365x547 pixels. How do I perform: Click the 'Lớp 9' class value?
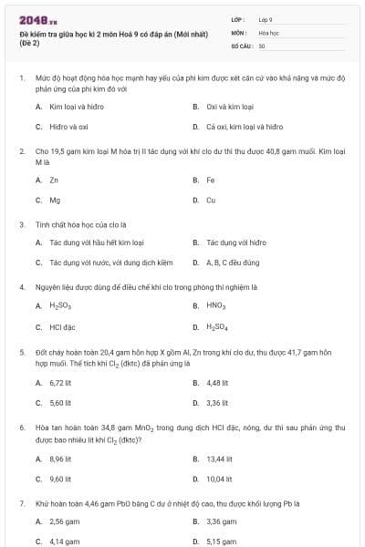click(x=266, y=19)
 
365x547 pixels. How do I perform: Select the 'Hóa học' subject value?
click(x=268, y=32)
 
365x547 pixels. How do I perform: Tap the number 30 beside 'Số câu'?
click(x=262, y=45)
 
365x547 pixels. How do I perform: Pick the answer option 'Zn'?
click(x=54, y=180)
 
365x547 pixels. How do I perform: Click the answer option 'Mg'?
click(x=55, y=200)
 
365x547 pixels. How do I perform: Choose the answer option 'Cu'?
click(x=211, y=200)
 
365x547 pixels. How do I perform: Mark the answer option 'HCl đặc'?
click(x=62, y=326)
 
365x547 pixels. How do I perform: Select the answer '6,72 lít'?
click(x=60, y=382)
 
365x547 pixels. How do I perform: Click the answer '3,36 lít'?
click(x=217, y=402)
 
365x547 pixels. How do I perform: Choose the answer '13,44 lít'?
click(x=219, y=459)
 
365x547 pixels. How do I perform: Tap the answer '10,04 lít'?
click(x=219, y=479)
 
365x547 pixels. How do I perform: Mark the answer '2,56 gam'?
click(x=63, y=521)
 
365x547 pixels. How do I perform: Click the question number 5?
click(x=21, y=351)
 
